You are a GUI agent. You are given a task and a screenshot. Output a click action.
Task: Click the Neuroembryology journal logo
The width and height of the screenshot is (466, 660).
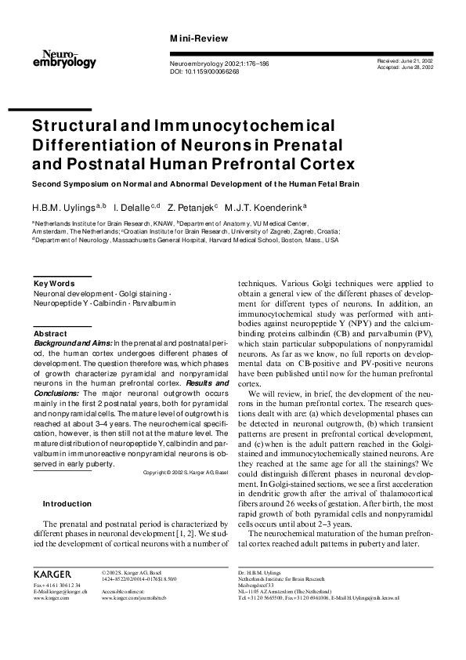[x=64, y=57]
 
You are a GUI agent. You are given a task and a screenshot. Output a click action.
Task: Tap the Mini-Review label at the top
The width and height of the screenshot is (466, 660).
[x=199, y=38]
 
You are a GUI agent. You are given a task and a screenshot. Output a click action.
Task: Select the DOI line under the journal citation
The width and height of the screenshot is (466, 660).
[x=206, y=71]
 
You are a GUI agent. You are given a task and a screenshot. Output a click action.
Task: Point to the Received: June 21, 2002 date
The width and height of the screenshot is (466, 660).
[x=406, y=60]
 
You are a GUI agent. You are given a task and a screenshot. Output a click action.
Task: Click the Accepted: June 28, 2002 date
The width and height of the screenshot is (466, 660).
[x=406, y=67]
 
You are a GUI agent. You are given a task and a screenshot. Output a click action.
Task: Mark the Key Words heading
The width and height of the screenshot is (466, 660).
[x=54, y=283]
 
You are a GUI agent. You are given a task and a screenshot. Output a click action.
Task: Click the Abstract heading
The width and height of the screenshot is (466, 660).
[x=51, y=333]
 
